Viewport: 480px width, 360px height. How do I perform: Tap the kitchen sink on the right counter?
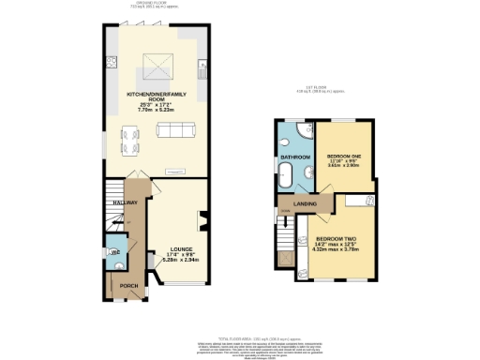pos(202,67)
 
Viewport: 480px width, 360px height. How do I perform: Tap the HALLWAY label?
pos(126,203)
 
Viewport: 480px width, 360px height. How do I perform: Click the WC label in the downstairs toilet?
pos(115,252)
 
